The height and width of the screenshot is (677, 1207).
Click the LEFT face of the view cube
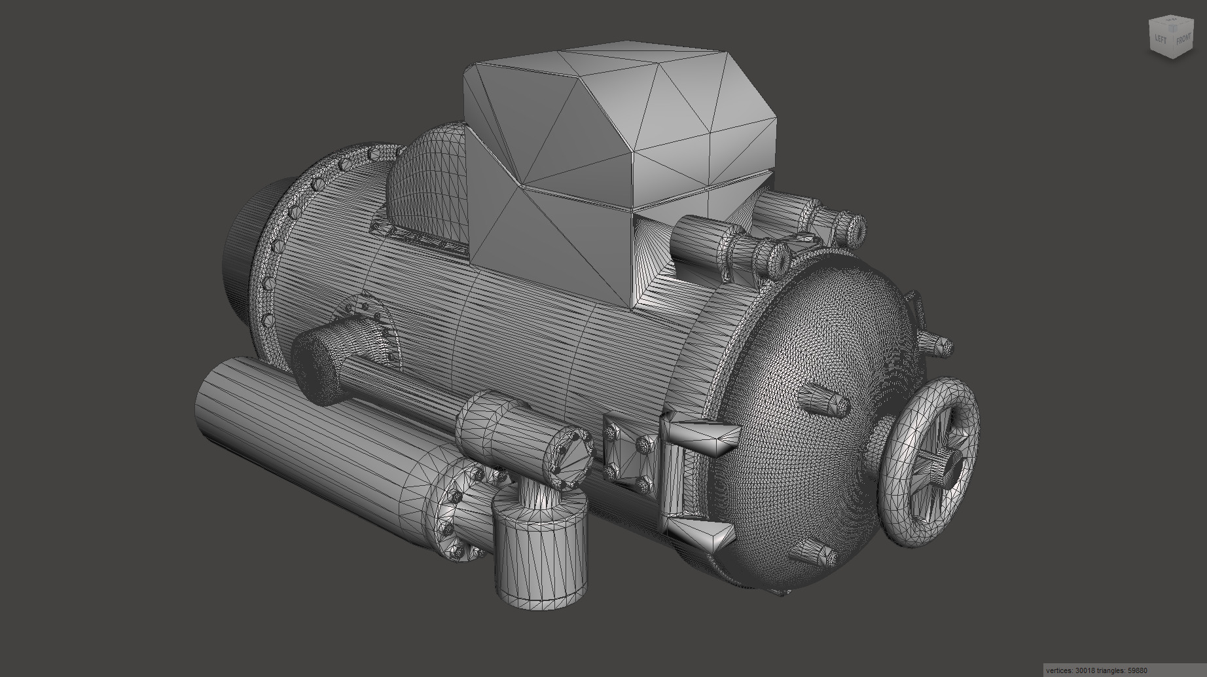click(x=1161, y=39)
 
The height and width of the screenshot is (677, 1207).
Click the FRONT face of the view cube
click(x=1183, y=39)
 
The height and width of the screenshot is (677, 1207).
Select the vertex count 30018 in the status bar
click(x=1089, y=670)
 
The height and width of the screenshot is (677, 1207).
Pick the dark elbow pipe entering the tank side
click(x=321, y=360)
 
